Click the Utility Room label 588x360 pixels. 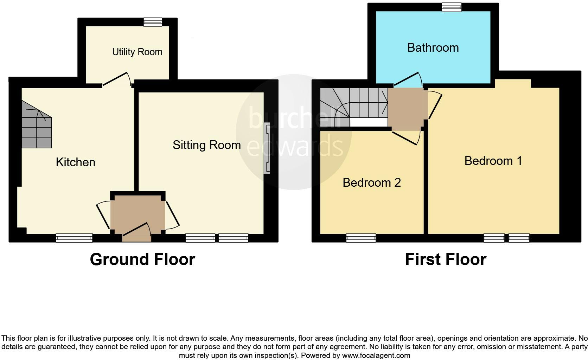click(137, 52)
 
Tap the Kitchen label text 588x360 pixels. click(76, 162)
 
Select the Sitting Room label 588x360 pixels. click(206, 145)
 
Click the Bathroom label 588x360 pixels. click(433, 48)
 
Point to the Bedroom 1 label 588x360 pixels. click(493, 161)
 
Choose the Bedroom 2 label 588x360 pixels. click(372, 183)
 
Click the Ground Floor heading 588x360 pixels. click(142, 259)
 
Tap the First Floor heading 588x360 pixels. click(446, 259)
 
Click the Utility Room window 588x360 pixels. click(153, 22)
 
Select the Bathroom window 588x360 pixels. click(452, 7)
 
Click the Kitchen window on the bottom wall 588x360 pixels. click(74, 238)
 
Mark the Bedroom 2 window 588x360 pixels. click(361, 238)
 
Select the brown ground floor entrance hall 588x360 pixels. click(138, 214)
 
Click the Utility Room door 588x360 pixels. click(116, 79)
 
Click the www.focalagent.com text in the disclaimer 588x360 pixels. click(376, 355)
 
